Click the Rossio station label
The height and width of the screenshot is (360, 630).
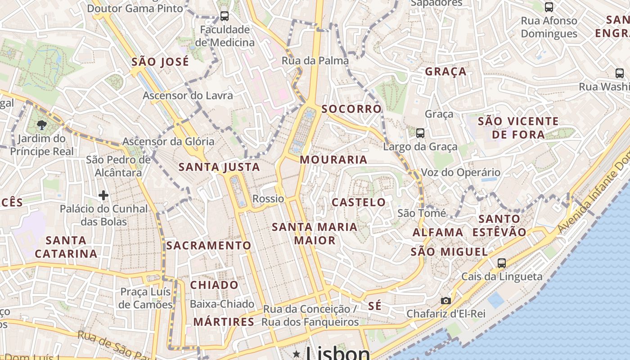tap(268, 198)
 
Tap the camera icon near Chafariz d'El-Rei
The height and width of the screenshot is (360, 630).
tap(445, 301)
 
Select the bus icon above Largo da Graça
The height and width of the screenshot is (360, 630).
tap(420, 133)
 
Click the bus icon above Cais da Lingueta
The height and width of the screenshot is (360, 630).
tap(501, 263)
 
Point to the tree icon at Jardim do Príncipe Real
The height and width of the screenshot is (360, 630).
tap(42, 125)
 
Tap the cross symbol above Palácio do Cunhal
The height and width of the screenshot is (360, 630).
tap(103, 195)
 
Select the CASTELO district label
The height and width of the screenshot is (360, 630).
tap(359, 202)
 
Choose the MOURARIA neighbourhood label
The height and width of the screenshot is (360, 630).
tap(333, 160)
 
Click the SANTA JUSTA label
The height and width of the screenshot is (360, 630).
tap(219, 167)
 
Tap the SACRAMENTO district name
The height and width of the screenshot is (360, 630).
tap(208, 245)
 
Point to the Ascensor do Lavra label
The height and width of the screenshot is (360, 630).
tap(188, 95)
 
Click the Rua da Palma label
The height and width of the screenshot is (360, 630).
tap(315, 61)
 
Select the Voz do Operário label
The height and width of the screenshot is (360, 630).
tap(460, 172)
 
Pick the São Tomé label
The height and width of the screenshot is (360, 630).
tap(422, 213)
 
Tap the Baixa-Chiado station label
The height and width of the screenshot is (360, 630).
tap(222, 304)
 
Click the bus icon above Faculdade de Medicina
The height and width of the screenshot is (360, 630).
tap(224, 17)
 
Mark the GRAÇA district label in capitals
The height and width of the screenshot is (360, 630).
tap(445, 72)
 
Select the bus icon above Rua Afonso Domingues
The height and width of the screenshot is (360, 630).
tap(549, 7)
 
